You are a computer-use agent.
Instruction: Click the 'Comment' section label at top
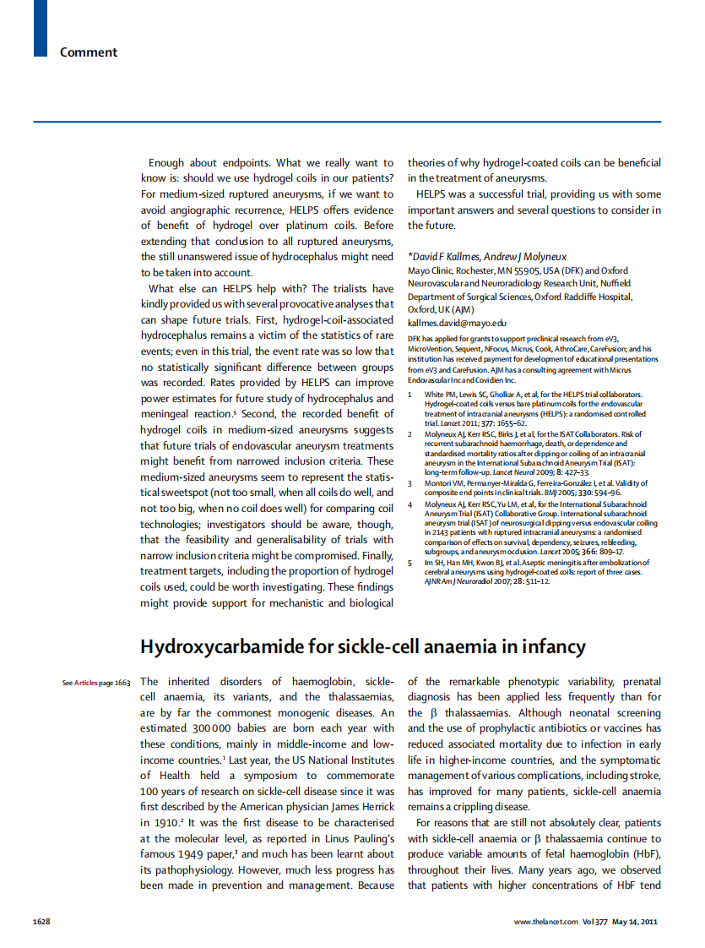pyautogui.click(x=88, y=52)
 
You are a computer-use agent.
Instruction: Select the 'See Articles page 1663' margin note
pyautogui.click(x=95, y=683)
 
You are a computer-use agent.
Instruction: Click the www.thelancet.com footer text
pyautogui.click(x=545, y=921)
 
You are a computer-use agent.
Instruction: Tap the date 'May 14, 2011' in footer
pyautogui.click(x=635, y=921)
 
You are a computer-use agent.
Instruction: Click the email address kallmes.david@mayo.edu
pyautogui.click(x=457, y=323)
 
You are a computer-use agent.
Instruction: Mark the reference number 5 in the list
pyautogui.click(x=410, y=562)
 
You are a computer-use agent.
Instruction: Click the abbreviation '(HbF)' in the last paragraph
pyautogui.click(x=645, y=854)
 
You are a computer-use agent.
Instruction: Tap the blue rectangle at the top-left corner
pyautogui.click(x=41, y=28)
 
